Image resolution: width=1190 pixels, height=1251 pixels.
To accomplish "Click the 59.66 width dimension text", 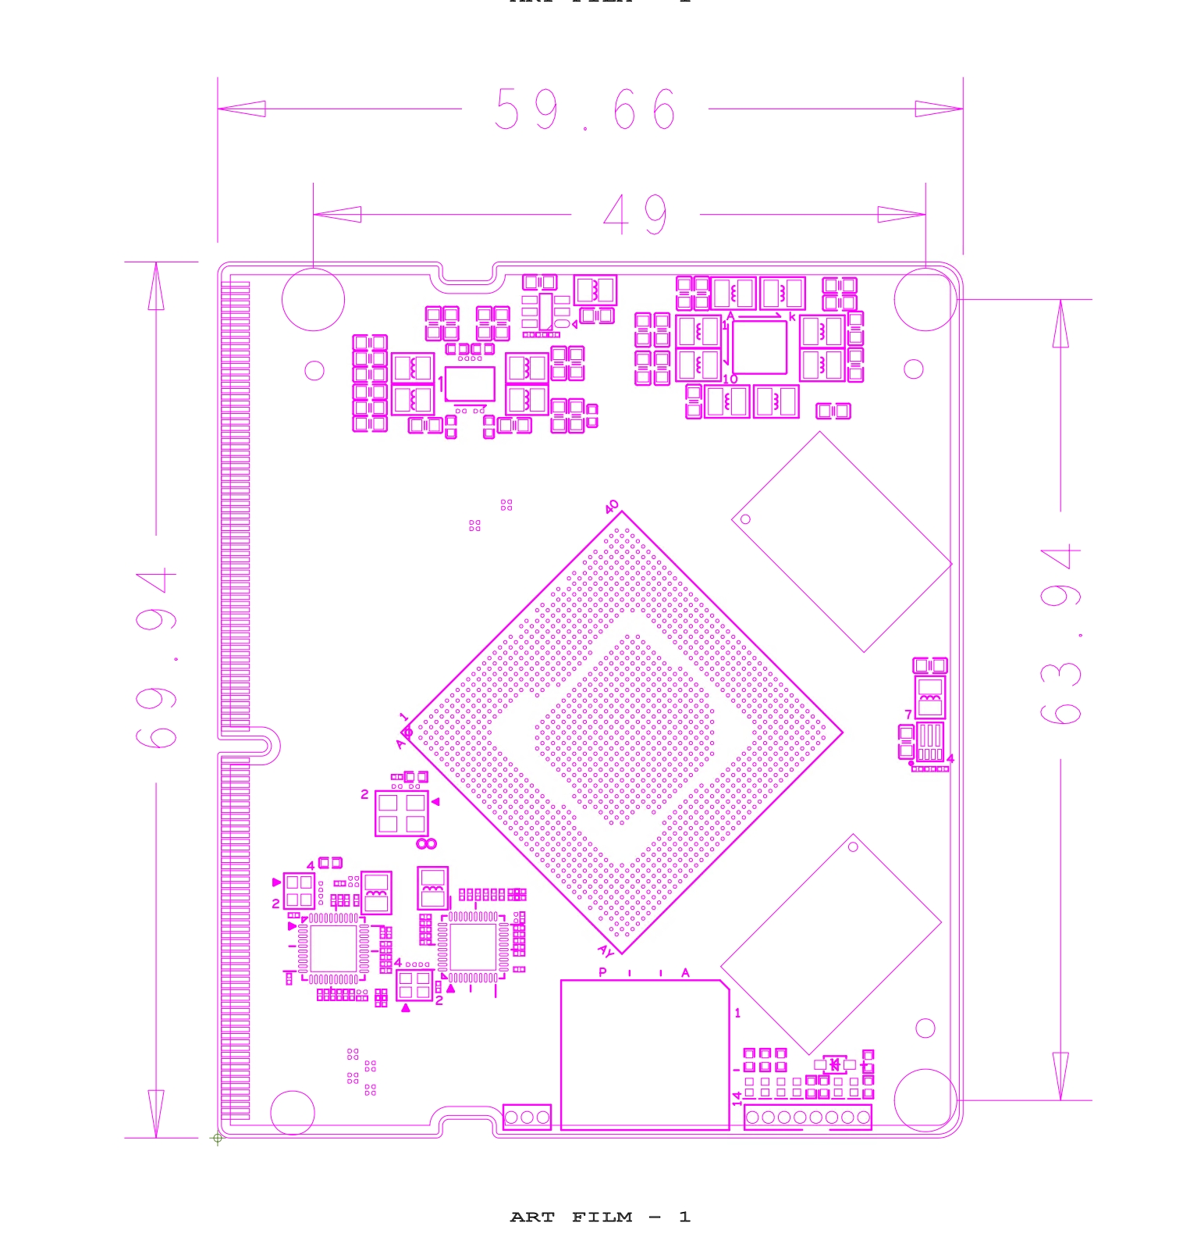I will point(585,109).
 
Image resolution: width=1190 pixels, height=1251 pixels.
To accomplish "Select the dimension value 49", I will point(635,215).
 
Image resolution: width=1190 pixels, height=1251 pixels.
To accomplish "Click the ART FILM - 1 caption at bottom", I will point(599,1217).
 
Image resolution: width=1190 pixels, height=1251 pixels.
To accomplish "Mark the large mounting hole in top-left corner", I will point(313,300).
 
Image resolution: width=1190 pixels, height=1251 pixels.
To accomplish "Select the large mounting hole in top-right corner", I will point(925,300).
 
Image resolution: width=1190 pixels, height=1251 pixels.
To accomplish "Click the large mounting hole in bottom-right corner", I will point(925,1100).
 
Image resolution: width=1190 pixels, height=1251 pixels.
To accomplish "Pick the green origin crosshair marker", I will point(218,1138).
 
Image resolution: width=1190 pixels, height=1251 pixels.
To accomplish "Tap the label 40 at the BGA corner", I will point(612,507).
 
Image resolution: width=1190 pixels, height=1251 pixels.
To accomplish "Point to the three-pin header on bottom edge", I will point(527,1117).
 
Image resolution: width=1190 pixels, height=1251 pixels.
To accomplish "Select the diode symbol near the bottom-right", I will point(834,1064).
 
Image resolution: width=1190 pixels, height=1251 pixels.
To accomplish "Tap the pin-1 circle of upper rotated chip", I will point(745,519).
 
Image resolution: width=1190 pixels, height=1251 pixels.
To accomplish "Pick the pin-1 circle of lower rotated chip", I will point(853,847).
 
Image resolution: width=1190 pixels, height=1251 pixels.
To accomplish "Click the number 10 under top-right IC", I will point(730,380).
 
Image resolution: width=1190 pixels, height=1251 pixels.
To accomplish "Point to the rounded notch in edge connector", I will point(263,743).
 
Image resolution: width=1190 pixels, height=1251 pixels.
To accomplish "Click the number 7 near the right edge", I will point(908,715).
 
